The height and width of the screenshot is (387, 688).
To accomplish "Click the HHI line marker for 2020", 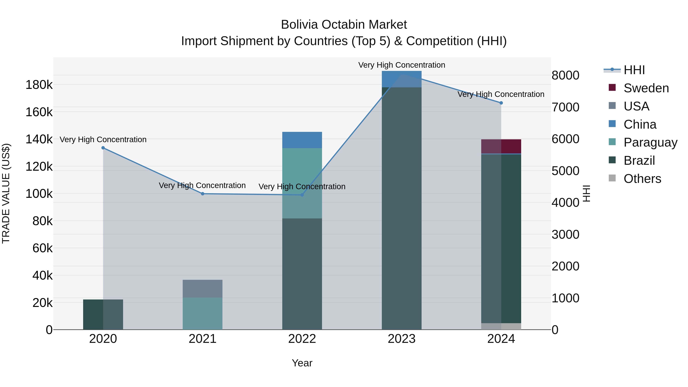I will point(103,148).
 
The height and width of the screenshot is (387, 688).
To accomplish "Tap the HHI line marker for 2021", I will point(202,194).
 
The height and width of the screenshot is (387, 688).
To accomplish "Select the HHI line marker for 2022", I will point(302,195).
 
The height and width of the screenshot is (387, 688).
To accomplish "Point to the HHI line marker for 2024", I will point(501,103).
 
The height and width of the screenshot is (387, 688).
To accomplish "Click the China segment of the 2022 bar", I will point(302,140).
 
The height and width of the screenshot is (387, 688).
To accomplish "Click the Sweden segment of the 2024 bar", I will point(501,146).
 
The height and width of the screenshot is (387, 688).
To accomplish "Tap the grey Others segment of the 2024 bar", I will point(501,326).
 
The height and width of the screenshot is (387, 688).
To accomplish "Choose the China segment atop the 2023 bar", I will point(402,79).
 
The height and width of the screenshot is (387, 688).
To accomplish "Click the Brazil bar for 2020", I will point(103,314).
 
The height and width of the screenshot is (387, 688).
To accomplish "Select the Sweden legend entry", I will point(646,88).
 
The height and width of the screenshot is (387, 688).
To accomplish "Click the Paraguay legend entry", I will point(650,142).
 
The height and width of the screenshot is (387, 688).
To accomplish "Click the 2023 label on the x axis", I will point(402,339).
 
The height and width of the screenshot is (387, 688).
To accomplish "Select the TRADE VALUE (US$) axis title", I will point(6,193).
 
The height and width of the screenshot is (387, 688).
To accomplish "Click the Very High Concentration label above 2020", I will point(103,140).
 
